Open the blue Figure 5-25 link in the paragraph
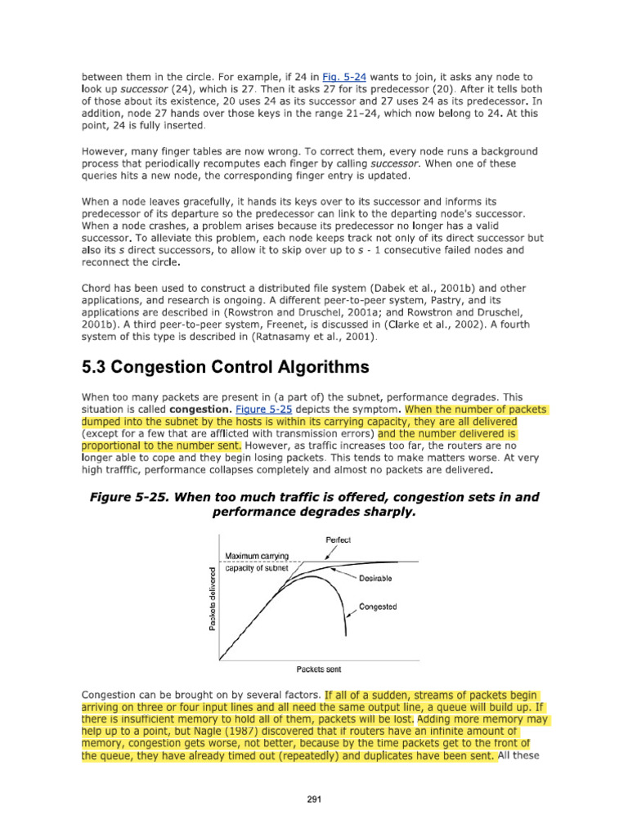tap(260, 408)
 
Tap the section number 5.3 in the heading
tap(98, 366)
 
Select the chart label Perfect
tap(339, 540)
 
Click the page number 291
tap(313, 799)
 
